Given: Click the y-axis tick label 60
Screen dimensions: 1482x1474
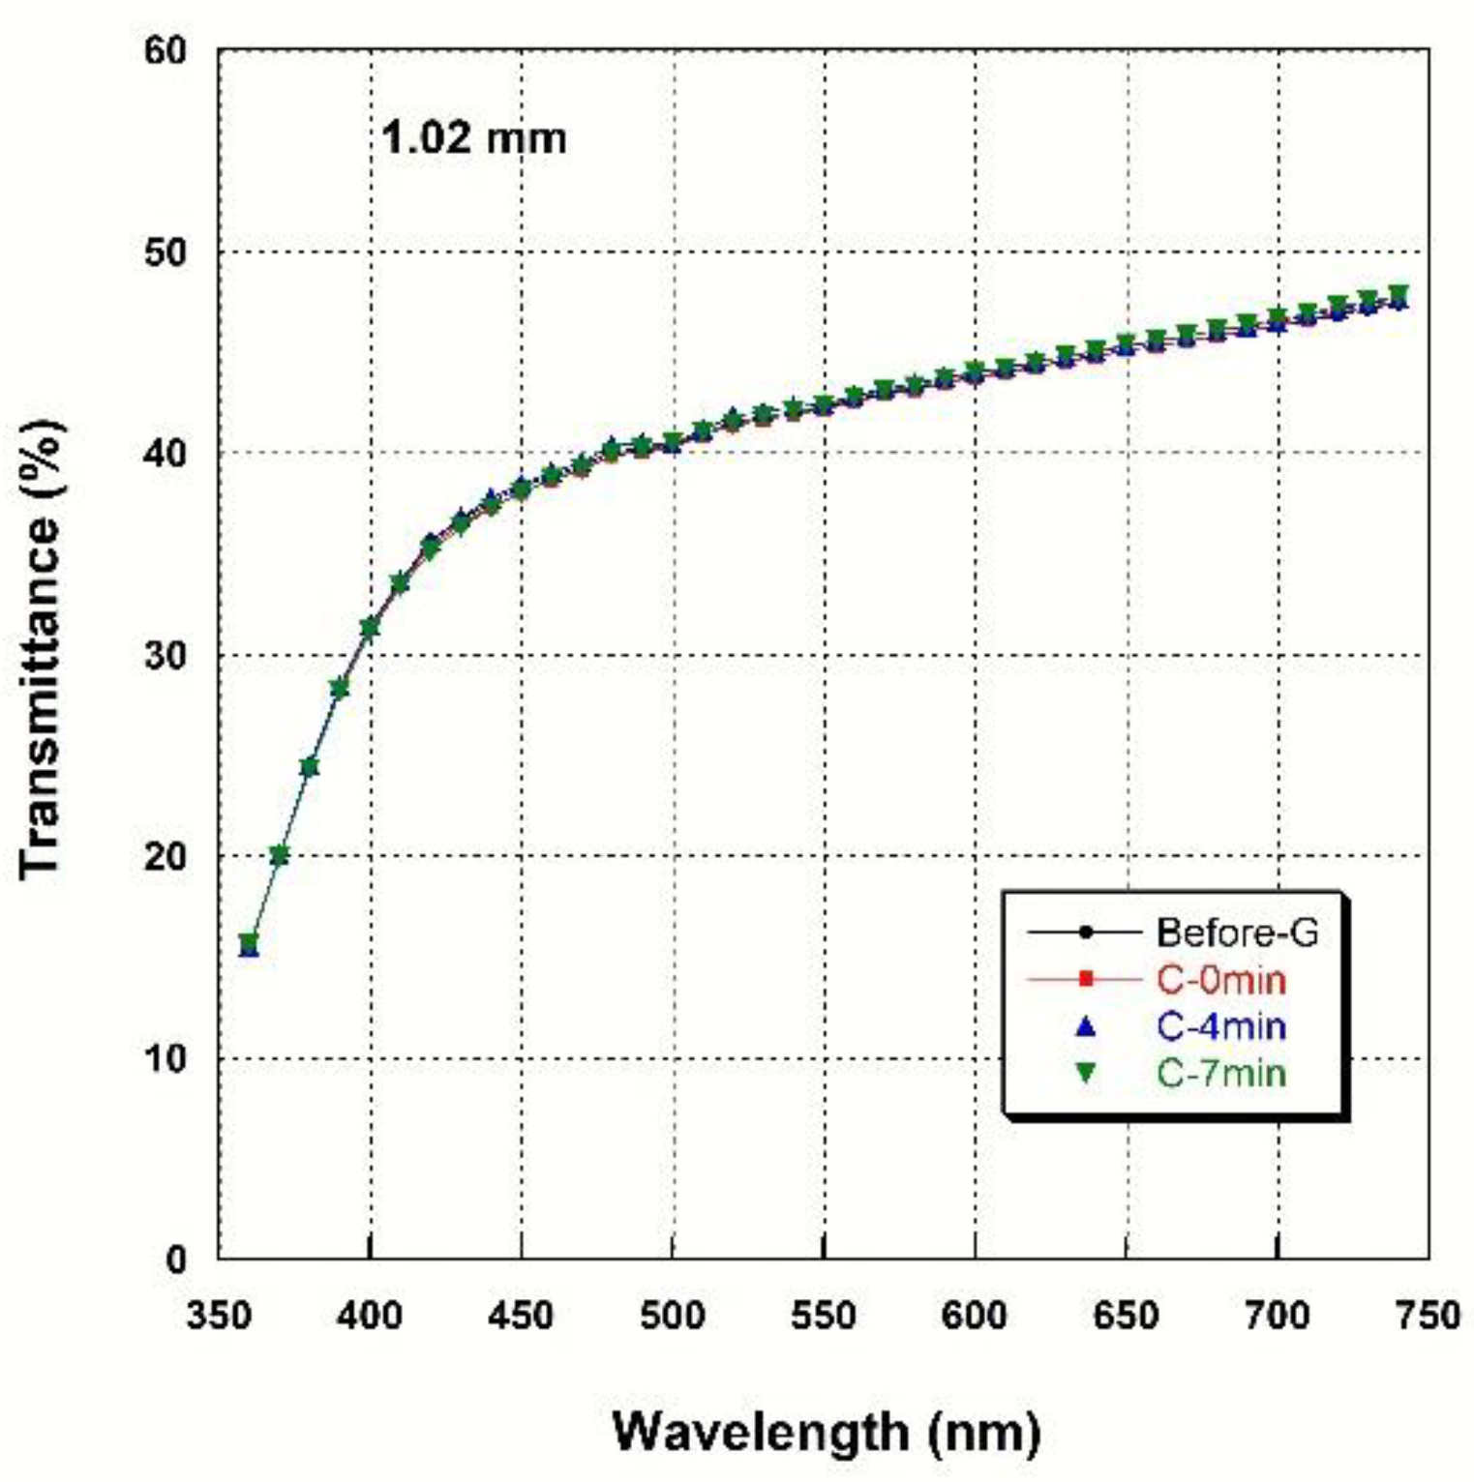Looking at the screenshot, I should pyautogui.click(x=165, y=51).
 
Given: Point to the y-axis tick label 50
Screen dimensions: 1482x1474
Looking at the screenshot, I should pyautogui.click(x=165, y=252).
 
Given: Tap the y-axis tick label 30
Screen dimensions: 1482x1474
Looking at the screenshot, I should pyautogui.click(x=165, y=656).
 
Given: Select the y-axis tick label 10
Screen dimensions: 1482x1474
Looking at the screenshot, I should pyautogui.click(x=165, y=1058).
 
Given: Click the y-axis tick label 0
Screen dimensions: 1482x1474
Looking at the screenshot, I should pyautogui.click(x=176, y=1260).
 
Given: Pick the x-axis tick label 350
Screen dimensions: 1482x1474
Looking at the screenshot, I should pyautogui.click(x=219, y=1316).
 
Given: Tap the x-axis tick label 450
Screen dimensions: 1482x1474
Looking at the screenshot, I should pyautogui.click(x=521, y=1316).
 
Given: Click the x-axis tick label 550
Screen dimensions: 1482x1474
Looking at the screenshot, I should pyautogui.click(x=824, y=1316).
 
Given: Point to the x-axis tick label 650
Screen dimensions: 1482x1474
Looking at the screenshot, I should pyautogui.click(x=1126, y=1316).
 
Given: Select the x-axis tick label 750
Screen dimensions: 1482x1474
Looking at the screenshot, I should pyautogui.click(x=1429, y=1316).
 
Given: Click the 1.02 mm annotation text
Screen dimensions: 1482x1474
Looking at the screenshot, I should pyautogui.click(x=473, y=138).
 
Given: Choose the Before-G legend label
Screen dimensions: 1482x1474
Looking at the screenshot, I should pyautogui.click(x=1237, y=933).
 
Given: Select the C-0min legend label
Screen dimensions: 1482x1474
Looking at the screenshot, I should pyautogui.click(x=1221, y=980).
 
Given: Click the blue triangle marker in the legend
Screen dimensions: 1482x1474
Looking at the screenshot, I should pyautogui.click(x=1085, y=1025).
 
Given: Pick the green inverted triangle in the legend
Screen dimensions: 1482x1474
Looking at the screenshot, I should pyautogui.click(x=1085, y=1073).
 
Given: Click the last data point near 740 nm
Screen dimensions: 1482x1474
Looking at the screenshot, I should pyautogui.click(x=1398, y=296).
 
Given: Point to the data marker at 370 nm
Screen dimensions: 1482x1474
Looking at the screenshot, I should pyautogui.click(x=279, y=855).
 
